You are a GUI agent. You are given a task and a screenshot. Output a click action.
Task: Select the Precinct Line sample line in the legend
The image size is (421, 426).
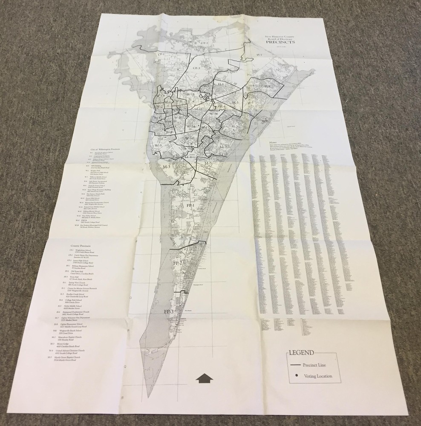point(294,365)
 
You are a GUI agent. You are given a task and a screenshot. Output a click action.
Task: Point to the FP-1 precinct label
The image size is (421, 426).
point(190,206)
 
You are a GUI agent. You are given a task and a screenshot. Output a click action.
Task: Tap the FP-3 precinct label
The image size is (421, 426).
point(168,312)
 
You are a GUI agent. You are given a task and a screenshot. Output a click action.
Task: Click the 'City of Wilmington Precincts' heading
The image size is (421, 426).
point(106,150)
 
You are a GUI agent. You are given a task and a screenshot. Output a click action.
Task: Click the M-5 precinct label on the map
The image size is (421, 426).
point(208,164)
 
